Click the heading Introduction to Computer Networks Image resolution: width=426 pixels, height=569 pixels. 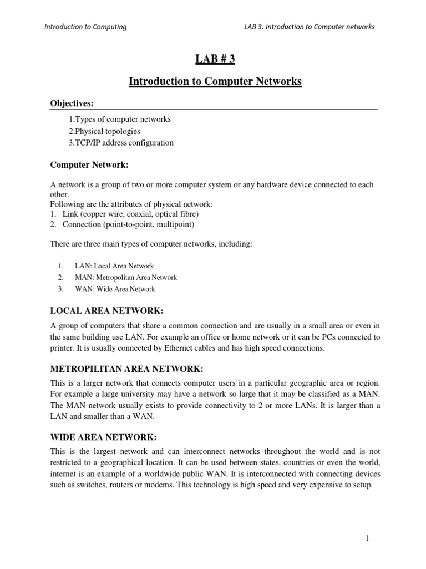[x=215, y=82]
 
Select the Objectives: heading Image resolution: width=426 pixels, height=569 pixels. [x=72, y=103]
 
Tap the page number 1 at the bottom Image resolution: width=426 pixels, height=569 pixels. [x=367, y=538]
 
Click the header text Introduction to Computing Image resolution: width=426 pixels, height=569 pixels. [x=85, y=27]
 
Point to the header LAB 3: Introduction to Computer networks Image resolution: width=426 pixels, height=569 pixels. [x=310, y=27]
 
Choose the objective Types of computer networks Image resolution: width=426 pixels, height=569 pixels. [x=120, y=119]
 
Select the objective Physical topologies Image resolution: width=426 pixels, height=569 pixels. [x=105, y=131]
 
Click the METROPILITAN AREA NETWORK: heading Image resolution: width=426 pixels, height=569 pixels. [x=127, y=369]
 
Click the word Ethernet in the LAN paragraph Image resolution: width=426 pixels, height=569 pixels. [x=175, y=348]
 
